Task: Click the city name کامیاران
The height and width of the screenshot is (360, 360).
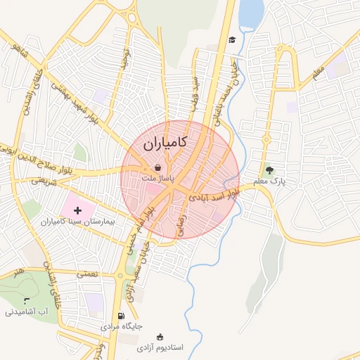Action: pyautogui.click(x=165, y=143)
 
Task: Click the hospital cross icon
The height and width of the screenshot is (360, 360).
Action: pyautogui.click(x=77, y=210)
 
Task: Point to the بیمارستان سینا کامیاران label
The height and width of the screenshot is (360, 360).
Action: pyautogui.click(x=79, y=221)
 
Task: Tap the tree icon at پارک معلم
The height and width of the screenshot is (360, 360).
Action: pyautogui.click(x=269, y=169)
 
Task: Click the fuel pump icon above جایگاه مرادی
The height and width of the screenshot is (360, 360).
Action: pyautogui.click(x=122, y=316)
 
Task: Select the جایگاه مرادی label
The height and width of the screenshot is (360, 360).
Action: pyautogui.click(x=122, y=327)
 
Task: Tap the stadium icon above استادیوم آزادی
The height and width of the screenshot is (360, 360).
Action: pyautogui.click(x=160, y=337)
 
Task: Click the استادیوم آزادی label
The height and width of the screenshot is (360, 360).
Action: pyautogui.click(x=160, y=348)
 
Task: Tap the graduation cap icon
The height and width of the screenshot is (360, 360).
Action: pyautogui.click(x=231, y=39)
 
